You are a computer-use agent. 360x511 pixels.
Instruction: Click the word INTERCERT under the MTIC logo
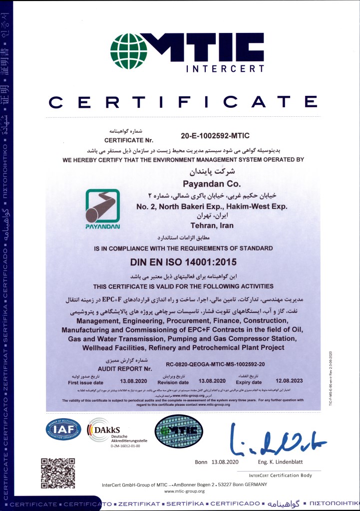click(225, 68)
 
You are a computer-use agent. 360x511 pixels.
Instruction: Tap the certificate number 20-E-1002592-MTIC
click(215, 135)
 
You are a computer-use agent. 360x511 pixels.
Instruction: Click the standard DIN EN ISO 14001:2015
click(183, 261)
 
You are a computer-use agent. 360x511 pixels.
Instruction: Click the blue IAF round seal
click(63, 429)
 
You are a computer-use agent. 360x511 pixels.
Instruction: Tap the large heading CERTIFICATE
click(183, 102)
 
